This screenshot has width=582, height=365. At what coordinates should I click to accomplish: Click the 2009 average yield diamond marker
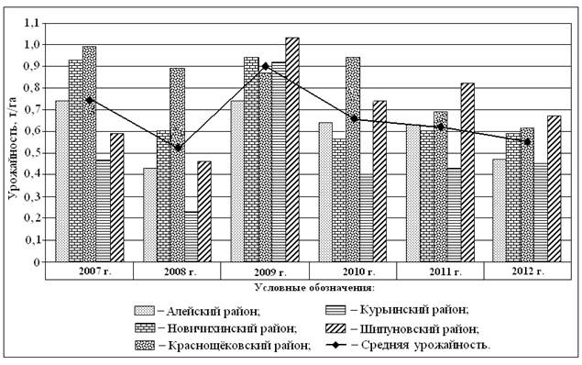coord(266,66)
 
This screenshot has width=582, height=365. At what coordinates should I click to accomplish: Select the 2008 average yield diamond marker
coord(178,148)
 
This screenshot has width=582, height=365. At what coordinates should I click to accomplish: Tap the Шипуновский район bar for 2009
coord(292,149)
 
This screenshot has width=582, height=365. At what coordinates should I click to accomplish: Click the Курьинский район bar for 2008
coord(192,237)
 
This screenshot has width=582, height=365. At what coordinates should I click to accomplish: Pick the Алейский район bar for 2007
coord(62,182)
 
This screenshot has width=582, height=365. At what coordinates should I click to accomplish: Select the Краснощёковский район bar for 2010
coord(353,160)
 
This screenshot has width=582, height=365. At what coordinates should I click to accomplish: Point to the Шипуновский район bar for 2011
coord(467,172)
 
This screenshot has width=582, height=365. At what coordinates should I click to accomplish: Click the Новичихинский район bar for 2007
coord(76,160)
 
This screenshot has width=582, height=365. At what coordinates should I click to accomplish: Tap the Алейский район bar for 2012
coord(500,211)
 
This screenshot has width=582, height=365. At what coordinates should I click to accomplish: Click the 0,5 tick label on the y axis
coord(31,153)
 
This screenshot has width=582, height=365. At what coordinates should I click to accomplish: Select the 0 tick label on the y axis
coord(36,262)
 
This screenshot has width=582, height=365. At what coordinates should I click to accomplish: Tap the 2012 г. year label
coord(528,271)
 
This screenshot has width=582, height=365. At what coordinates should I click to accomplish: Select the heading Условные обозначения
coord(314,287)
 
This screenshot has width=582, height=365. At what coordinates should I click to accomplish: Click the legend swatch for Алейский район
coord(144,311)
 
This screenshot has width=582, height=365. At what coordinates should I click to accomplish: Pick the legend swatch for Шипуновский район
coord(335,328)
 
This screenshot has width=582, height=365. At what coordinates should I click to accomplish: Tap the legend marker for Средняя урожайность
coord(336,345)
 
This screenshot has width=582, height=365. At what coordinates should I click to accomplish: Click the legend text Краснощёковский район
coord(239,346)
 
